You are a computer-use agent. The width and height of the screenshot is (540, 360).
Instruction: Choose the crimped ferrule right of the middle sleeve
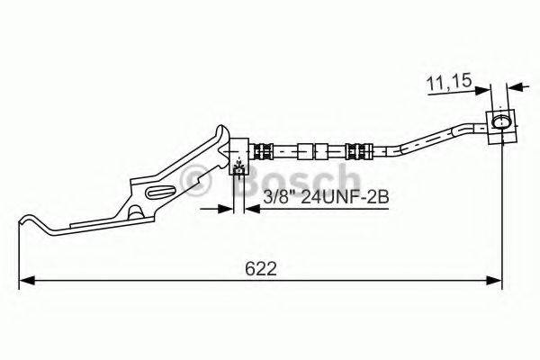pos(355,148)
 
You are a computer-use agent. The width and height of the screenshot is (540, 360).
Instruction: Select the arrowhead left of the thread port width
pos(226,210)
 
